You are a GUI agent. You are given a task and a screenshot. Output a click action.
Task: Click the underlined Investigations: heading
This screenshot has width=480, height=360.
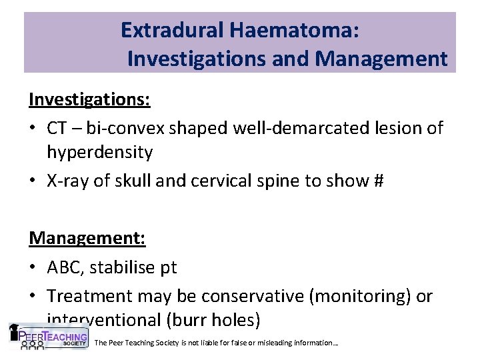[x=89, y=99]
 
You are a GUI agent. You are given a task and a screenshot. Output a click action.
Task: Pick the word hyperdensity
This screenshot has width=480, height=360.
[x=100, y=152]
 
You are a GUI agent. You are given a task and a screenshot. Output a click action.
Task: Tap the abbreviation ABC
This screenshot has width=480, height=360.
[x=65, y=267]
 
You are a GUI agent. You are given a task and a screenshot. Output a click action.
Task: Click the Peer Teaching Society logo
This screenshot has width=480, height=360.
[x=48, y=336]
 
